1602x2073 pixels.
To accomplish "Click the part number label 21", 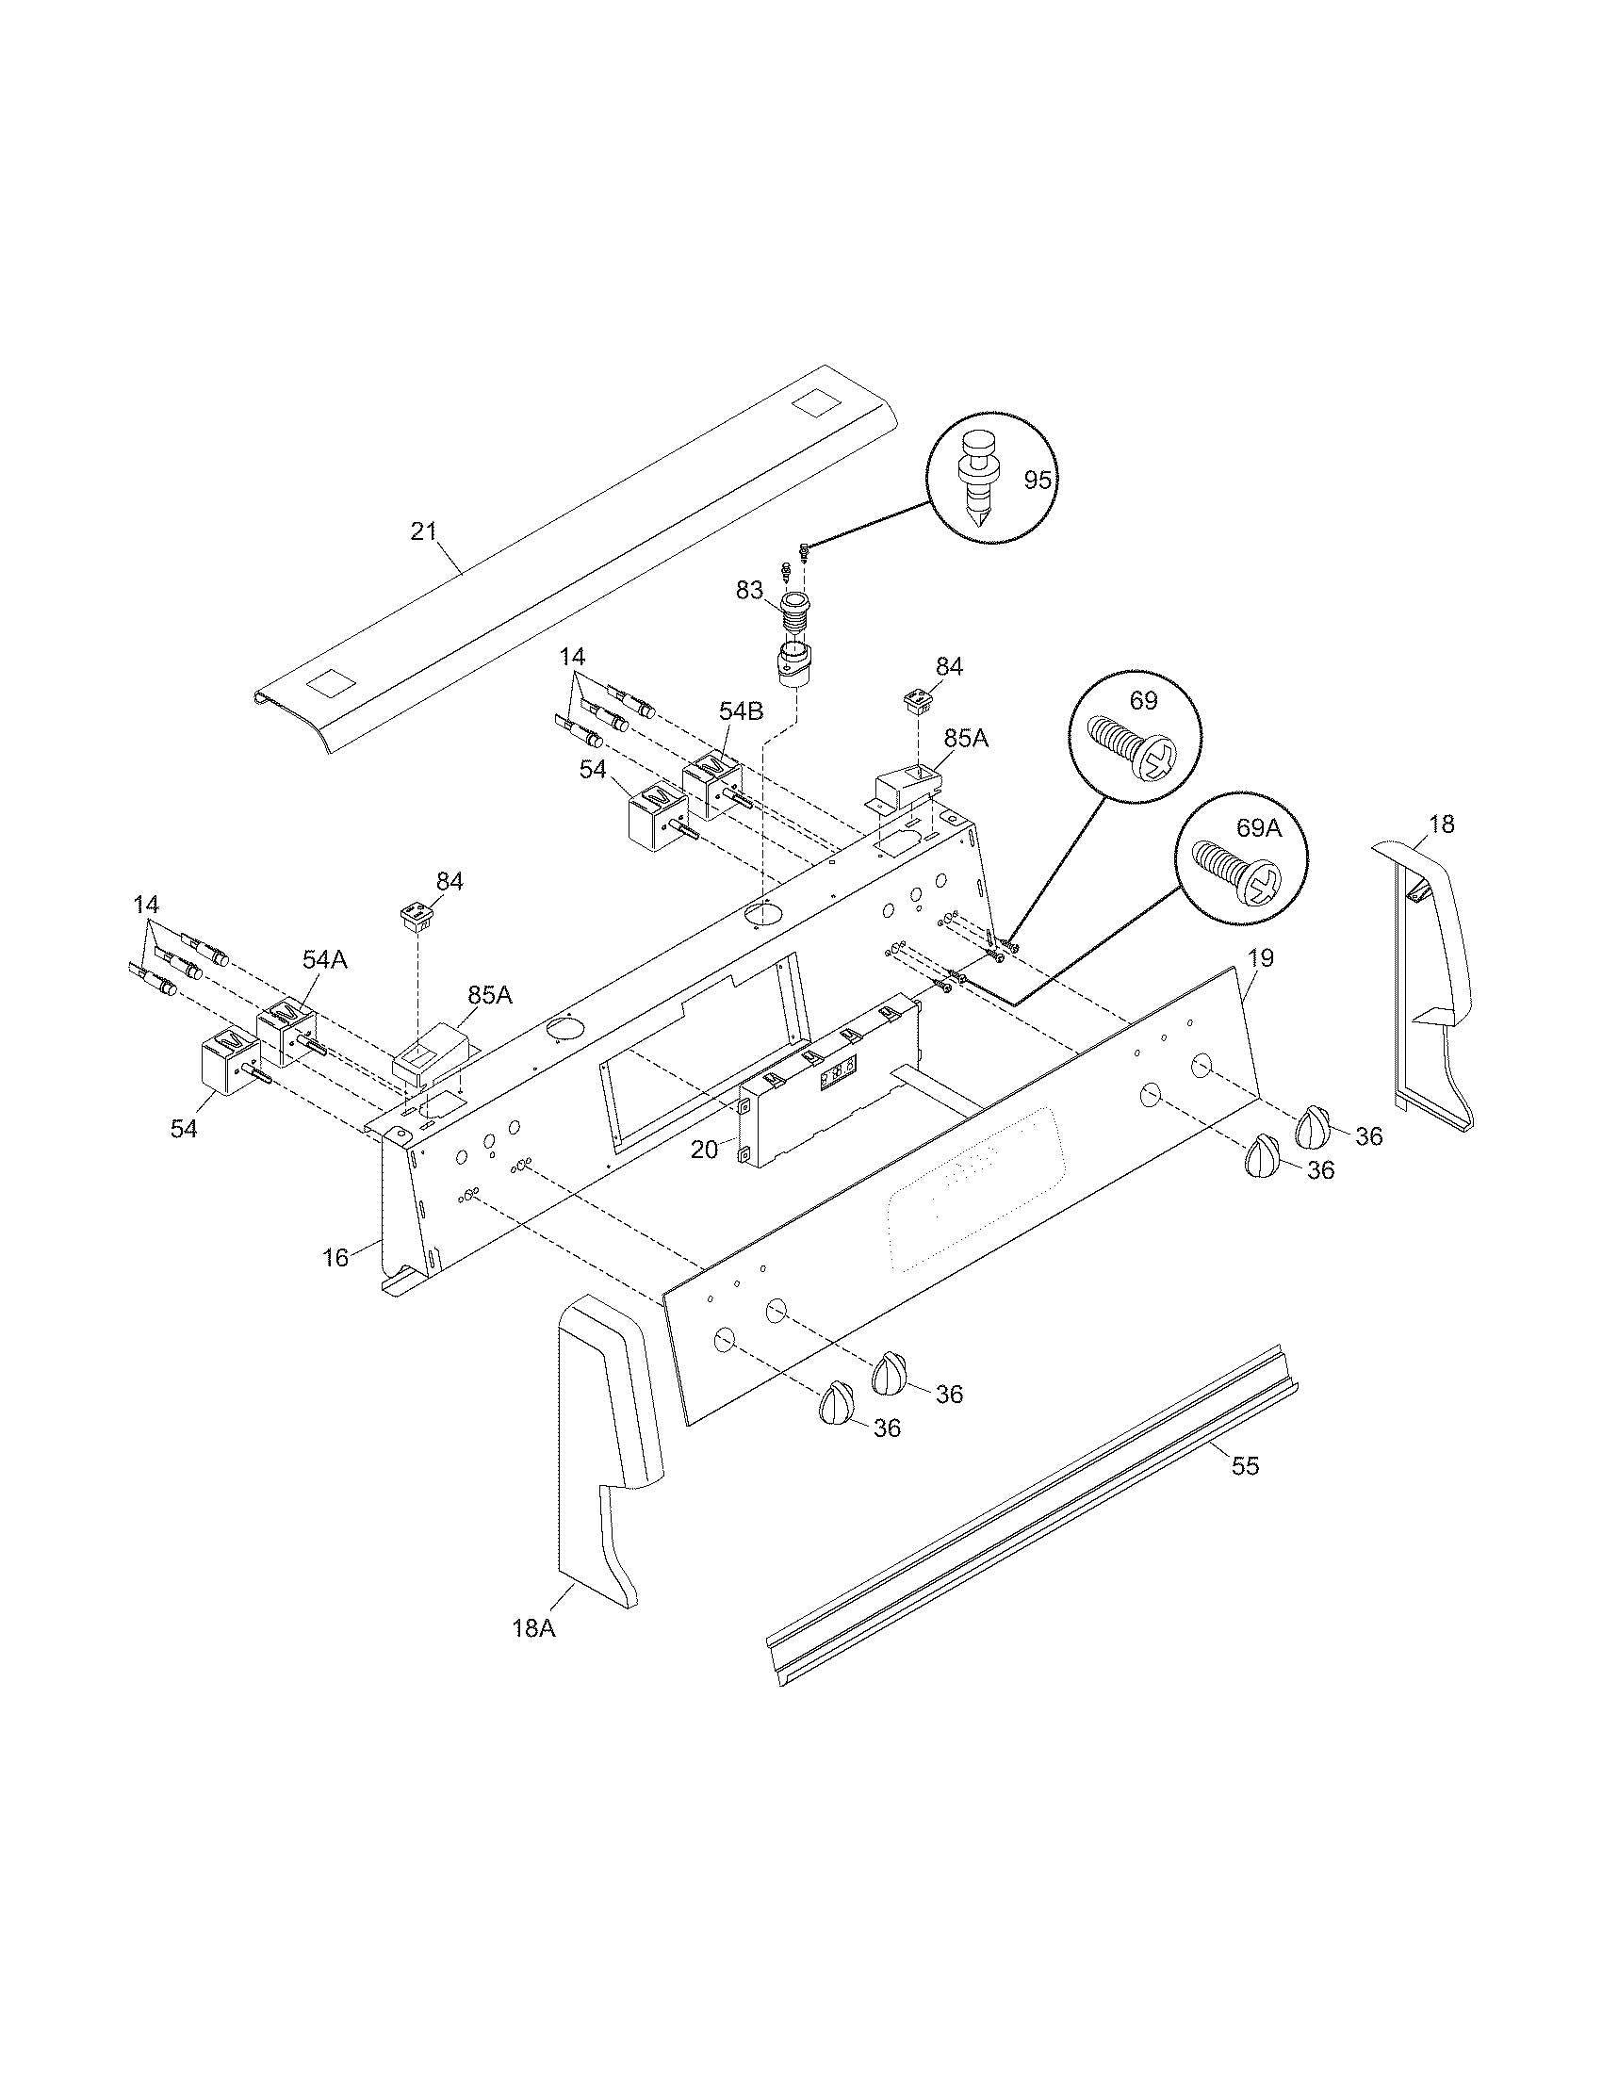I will click(x=423, y=531).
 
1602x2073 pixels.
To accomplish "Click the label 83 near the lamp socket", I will click(x=749, y=591).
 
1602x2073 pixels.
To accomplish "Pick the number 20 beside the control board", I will click(x=704, y=1150).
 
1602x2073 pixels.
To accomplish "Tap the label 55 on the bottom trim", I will click(x=1245, y=1466).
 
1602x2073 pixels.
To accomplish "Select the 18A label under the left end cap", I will click(x=532, y=1629).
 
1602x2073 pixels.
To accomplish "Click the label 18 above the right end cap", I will click(x=1441, y=824).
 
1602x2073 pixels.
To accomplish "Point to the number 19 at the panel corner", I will click(x=1259, y=957).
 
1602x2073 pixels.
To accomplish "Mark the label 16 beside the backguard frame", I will click(x=336, y=1258).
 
